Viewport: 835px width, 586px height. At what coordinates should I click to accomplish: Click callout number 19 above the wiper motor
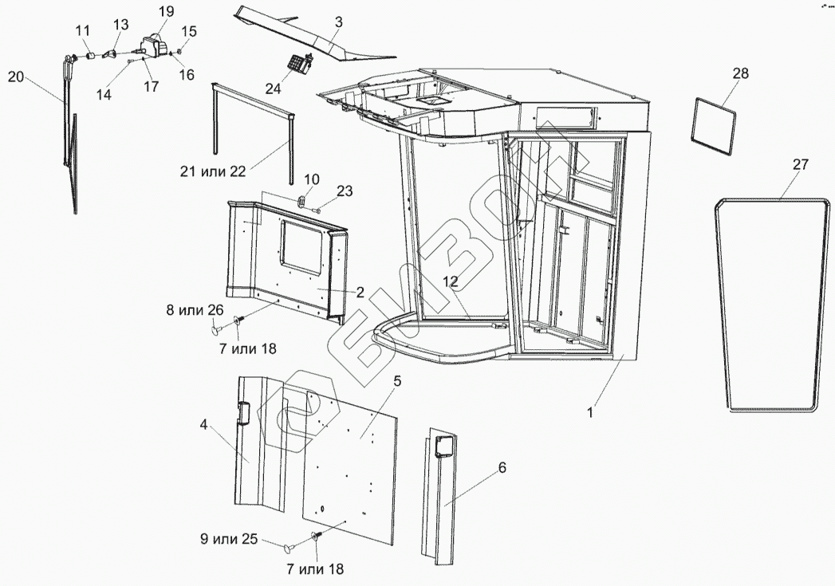point(166,11)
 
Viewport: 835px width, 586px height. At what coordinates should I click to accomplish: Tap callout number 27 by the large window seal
point(800,165)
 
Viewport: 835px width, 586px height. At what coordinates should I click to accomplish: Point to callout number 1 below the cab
point(590,413)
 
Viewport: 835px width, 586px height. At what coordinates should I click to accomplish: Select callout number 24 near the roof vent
point(274,89)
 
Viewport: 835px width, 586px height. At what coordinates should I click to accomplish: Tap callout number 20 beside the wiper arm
point(17,77)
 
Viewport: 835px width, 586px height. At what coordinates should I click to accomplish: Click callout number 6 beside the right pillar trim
point(502,467)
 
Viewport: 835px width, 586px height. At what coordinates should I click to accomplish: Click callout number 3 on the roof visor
point(338,22)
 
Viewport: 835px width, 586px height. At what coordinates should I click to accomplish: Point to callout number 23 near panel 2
point(343,191)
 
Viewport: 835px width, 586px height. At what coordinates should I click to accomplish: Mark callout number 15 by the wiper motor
point(187,30)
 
